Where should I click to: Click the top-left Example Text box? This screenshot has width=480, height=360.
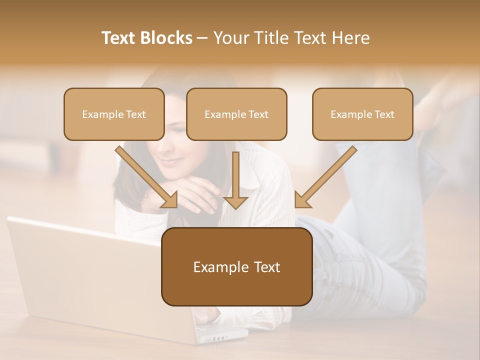click(114, 114)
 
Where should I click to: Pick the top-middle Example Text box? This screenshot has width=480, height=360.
click(236, 114)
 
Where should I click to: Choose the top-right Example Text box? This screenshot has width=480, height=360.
click(362, 114)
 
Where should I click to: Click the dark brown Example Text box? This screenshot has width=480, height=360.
click(236, 267)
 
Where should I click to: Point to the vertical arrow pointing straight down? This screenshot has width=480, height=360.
click(235, 180)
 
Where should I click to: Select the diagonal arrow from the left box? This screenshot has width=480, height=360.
click(146, 176)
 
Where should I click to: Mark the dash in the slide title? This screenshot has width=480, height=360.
click(202, 38)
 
